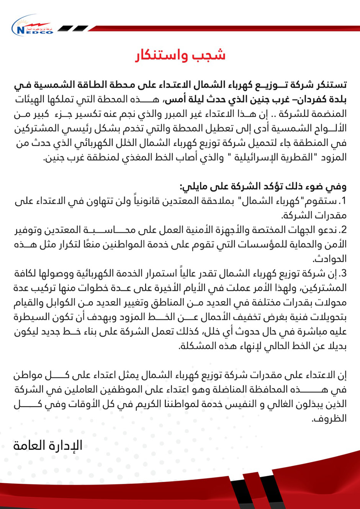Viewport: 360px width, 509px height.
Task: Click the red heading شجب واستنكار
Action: point(180,55)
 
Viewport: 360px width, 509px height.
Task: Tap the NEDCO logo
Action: point(32,27)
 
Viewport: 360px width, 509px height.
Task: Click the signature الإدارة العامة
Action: point(48,445)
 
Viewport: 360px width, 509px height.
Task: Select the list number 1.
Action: point(343,201)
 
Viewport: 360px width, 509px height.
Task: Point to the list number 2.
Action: point(343,230)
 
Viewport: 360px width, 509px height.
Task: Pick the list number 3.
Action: point(343,273)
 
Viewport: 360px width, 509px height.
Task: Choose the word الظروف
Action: point(329,418)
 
